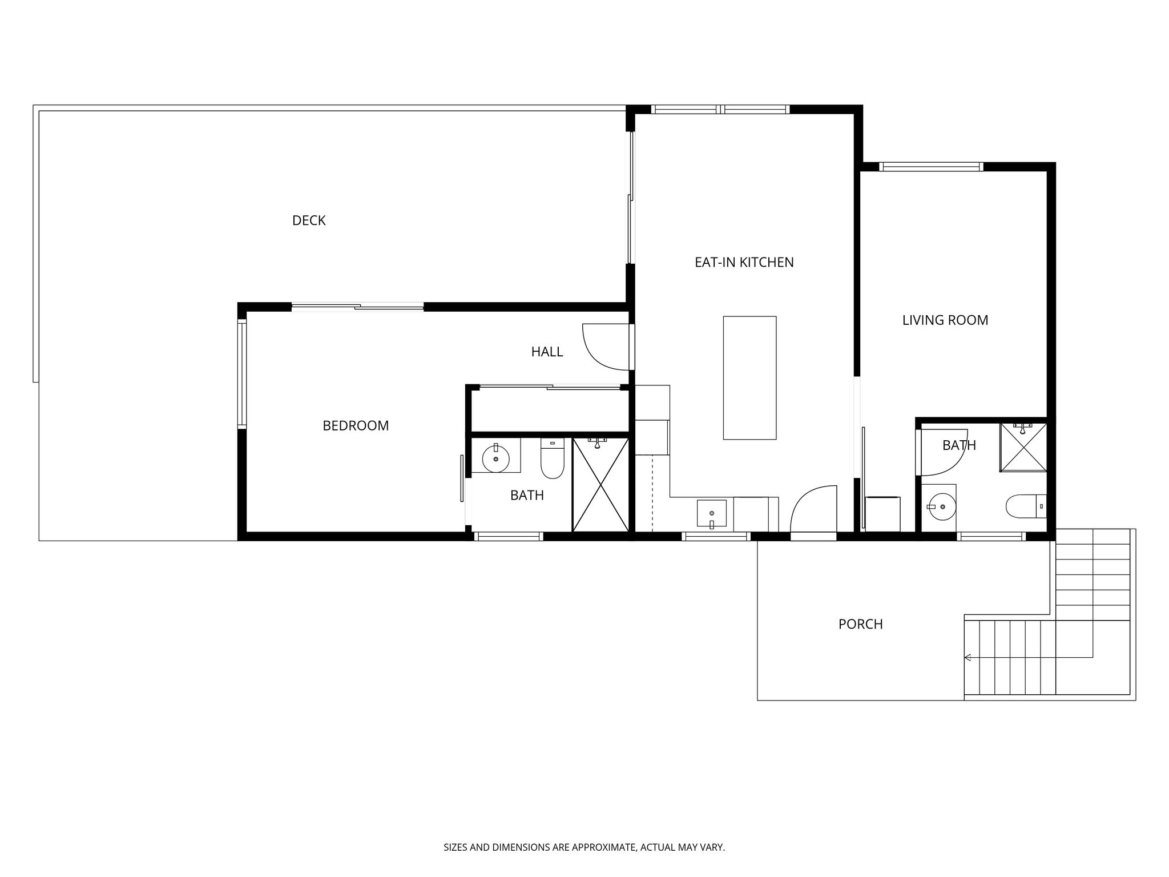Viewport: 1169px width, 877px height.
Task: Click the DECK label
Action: pos(309,220)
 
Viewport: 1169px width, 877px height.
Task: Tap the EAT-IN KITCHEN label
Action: pos(744,262)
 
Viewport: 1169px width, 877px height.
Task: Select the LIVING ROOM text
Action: pos(945,320)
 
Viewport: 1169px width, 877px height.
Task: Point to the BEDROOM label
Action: pos(356,425)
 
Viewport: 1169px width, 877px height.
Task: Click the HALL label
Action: pos(547,352)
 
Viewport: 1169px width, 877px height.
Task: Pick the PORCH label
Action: pos(860,624)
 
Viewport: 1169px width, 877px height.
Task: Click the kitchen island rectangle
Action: pos(749,378)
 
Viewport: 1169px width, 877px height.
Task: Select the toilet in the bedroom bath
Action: pos(552,458)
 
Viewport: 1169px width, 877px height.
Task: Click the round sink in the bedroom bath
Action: pos(495,458)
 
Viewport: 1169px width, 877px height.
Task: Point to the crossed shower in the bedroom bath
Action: pos(600,485)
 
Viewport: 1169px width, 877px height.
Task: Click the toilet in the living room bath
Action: pos(1025,506)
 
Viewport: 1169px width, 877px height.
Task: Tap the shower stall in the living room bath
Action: pos(1023,447)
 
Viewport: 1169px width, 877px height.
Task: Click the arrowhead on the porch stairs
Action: pos(968,657)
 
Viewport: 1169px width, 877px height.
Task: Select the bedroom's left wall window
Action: pos(242,375)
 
